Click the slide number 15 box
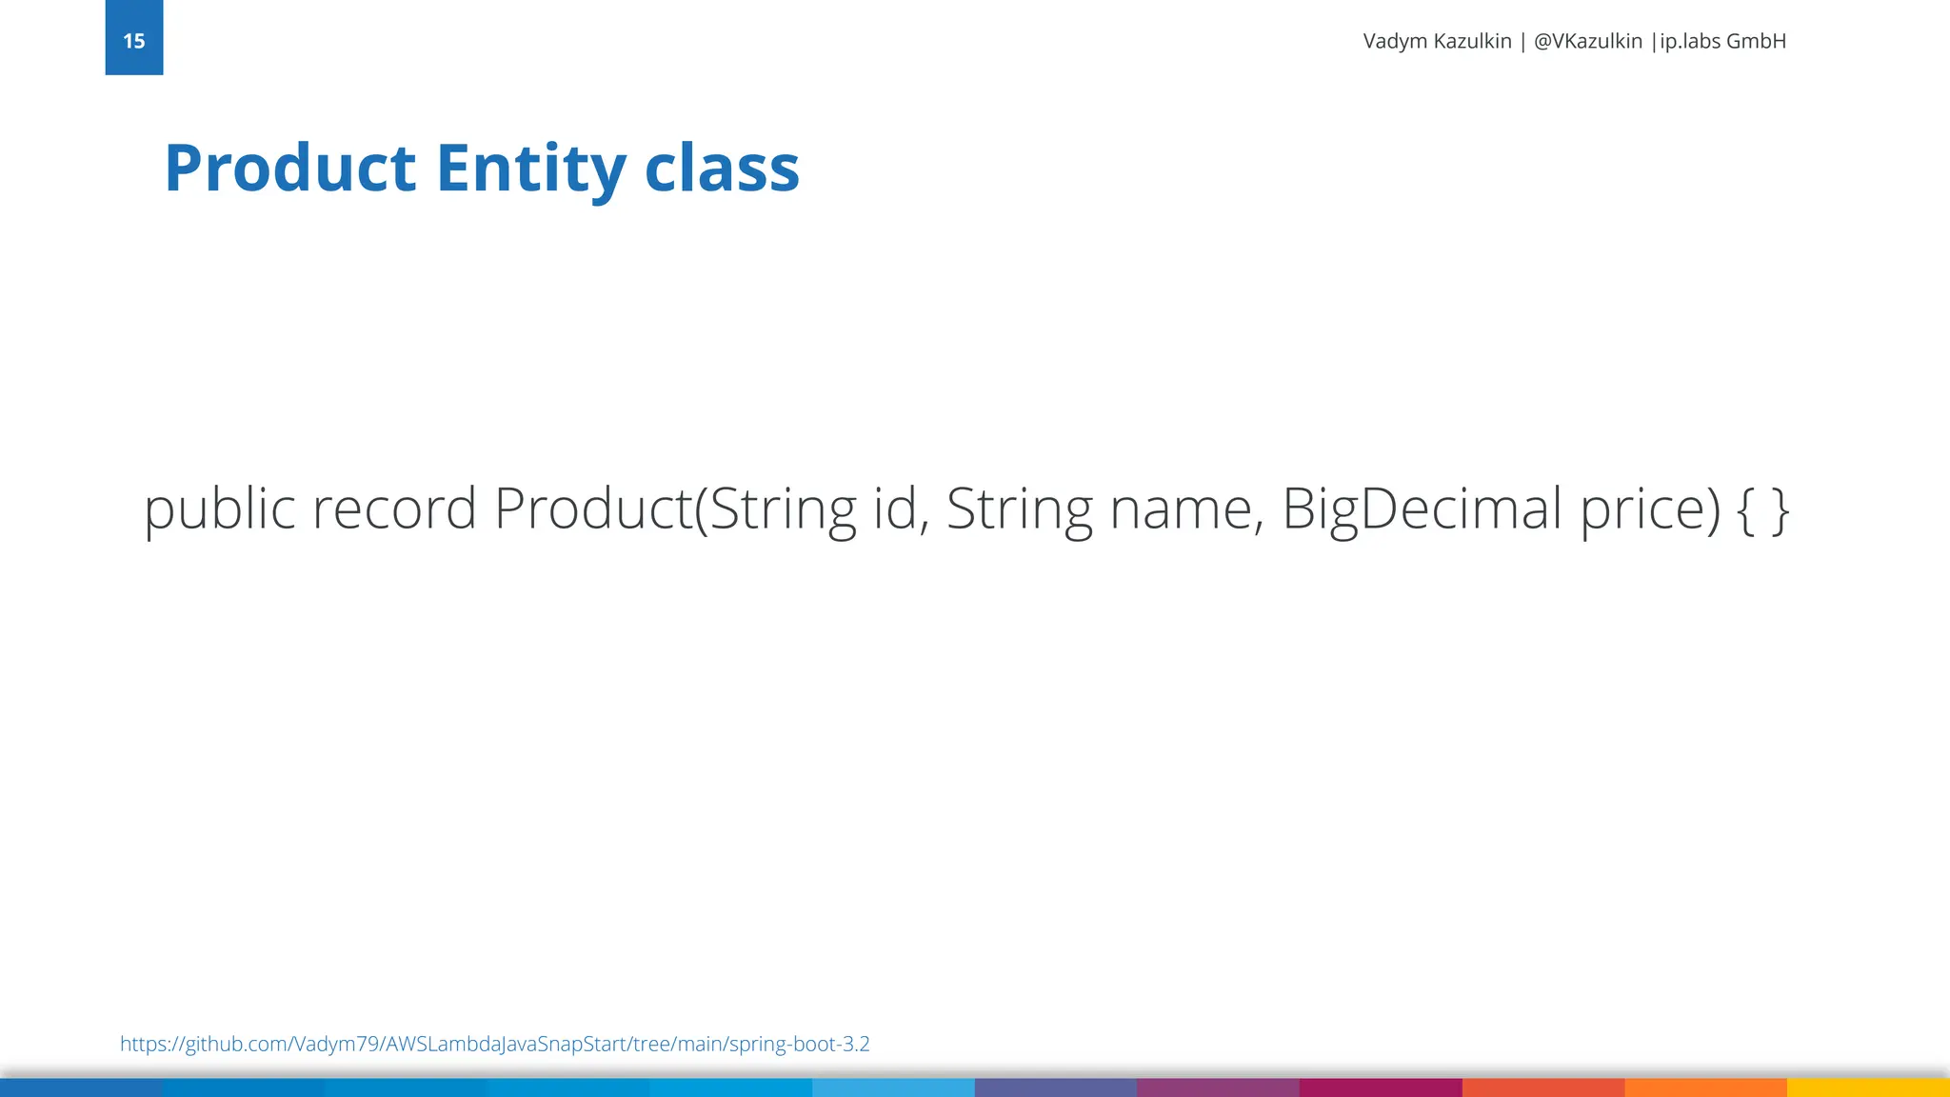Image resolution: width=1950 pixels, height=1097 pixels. [x=133, y=38]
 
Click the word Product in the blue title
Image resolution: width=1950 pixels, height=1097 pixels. [x=290, y=169]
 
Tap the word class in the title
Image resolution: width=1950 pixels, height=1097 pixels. [x=722, y=169]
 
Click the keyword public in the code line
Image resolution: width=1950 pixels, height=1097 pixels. [x=220, y=509]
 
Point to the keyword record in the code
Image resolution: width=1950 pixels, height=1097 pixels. [x=394, y=509]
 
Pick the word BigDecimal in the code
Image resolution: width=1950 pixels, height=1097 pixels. [x=1423, y=509]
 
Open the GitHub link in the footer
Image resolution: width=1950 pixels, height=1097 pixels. [x=494, y=1044]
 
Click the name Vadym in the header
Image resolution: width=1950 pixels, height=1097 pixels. [x=1396, y=41]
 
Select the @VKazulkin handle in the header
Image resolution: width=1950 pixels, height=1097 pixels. [x=1587, y=41]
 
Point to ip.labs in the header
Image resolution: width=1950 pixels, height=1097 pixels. [x=1689, y=41]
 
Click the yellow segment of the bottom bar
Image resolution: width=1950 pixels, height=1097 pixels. [x=1868, y=1087]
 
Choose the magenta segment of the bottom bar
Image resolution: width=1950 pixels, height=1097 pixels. [x=1381, y=1087]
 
